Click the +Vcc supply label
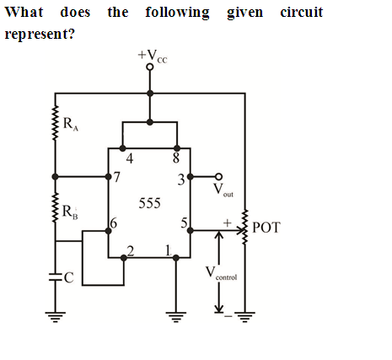[153, 56]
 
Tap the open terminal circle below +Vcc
[150, 67]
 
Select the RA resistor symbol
[56, 122]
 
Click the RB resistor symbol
[56, 207]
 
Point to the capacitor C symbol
[55, 277]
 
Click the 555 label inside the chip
[149, 203]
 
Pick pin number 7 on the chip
[116, 177]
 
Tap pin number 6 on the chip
[113, 223]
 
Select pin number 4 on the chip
[129, 159]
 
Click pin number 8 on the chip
[176, 158]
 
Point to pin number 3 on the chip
[181, 180]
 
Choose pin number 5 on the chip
[184, 223]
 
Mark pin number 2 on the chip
[131, 250]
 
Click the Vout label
[223, 191]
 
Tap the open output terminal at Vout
[218, 176]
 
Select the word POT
[266, 228]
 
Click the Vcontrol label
[221, 273]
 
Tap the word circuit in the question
[302, 13]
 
